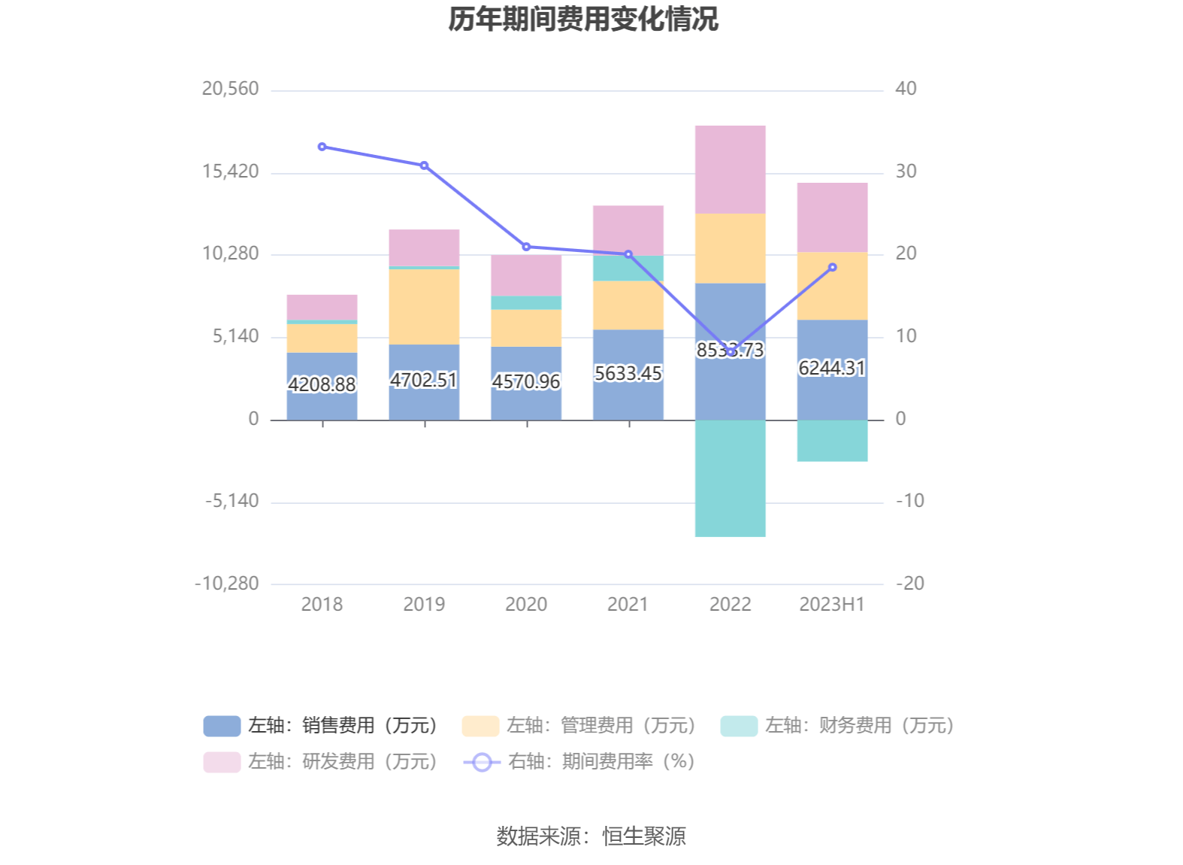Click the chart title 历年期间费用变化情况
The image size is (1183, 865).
[583, 20]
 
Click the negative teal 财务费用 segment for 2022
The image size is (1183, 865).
[730, 478]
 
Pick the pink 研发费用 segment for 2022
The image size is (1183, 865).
[730, 169]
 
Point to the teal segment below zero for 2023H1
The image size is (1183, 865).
[832, 441]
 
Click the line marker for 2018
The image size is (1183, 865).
[322, 147]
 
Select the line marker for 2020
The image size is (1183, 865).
[526, 247]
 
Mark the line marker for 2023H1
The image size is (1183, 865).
[832, 267]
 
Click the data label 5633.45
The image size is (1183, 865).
[628, 374]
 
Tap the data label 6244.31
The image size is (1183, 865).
[832, 368]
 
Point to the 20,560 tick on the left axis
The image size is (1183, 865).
[230, 89]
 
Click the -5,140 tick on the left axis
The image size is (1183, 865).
[232, 501]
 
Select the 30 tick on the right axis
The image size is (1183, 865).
[906, 171]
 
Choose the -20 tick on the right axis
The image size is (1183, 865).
[909, 583]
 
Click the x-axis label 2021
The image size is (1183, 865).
[628, 604]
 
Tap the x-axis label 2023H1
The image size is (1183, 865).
[832, 604]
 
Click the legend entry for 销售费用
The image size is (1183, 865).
[321, 725]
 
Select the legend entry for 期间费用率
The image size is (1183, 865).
[579, 761]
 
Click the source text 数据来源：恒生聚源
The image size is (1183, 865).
[591, 836]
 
